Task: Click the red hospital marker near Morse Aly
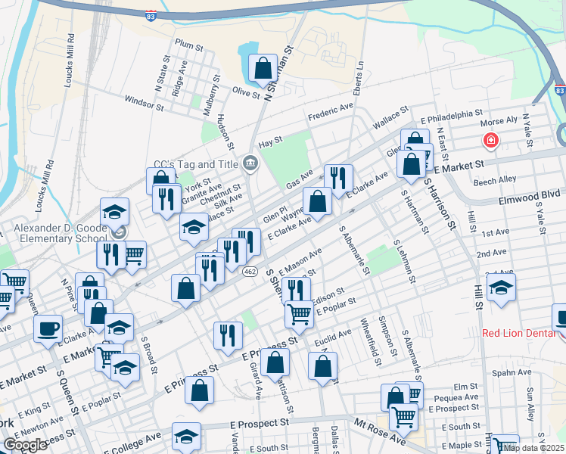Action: coord(490,141)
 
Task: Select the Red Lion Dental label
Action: coord(518,333)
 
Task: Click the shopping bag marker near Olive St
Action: coord(262,68)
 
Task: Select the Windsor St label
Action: coord(144,103)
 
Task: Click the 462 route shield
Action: coord(250,271)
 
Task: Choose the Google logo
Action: coord(25,445)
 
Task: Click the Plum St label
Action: coord(189,46)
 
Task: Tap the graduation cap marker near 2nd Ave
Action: coord(501,288)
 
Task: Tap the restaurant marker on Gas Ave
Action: coord(338,179)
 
